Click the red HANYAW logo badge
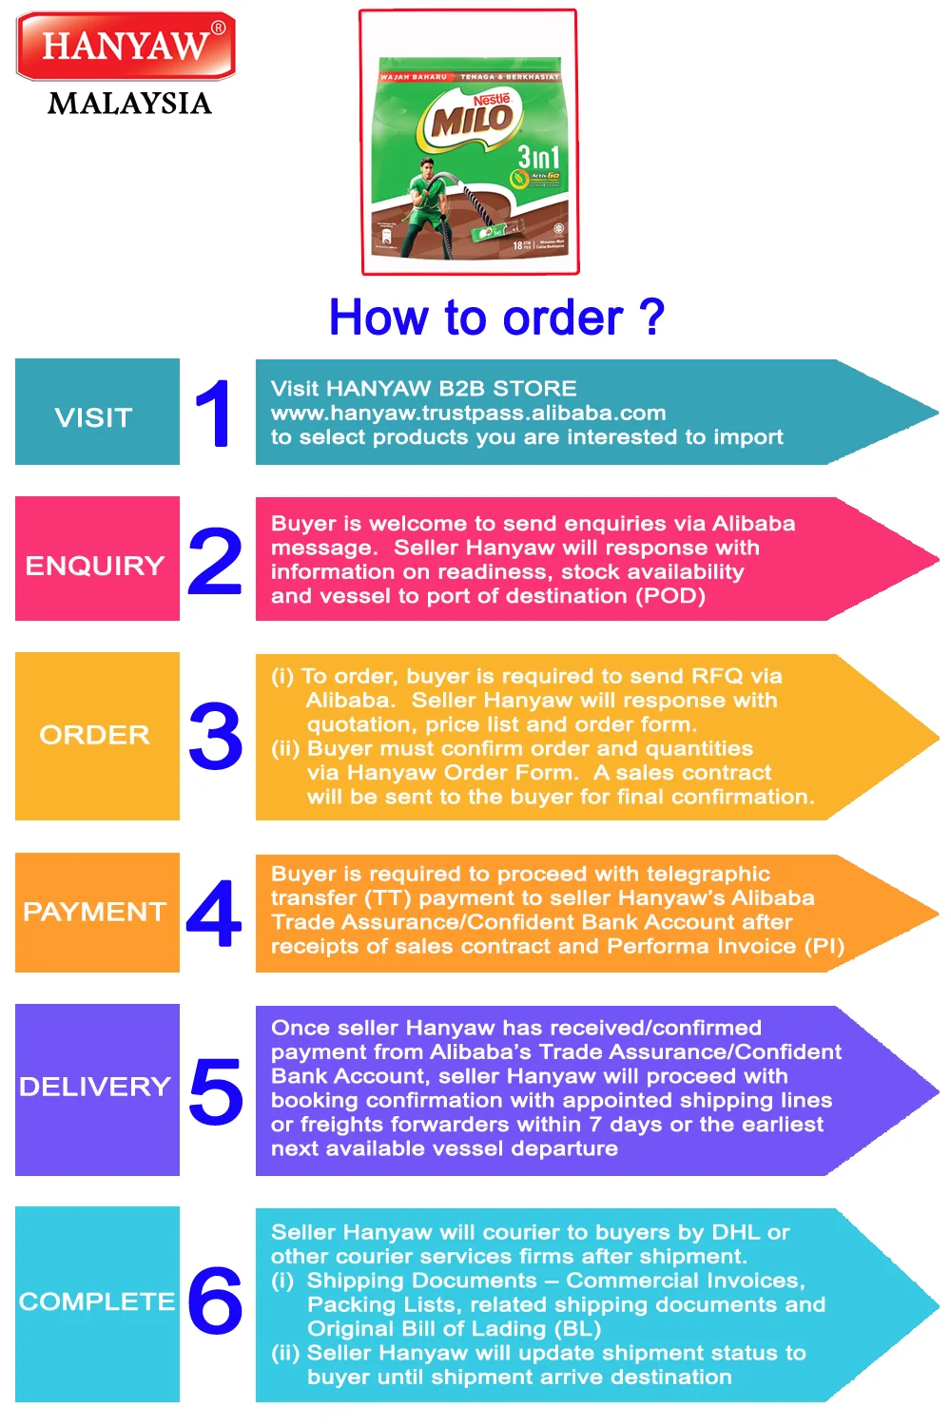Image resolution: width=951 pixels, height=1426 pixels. pos(126,46)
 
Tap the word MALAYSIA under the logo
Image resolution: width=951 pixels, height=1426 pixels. pos(129,103)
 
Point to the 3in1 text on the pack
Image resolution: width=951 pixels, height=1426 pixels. pos(538,156)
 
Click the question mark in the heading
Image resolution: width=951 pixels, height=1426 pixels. pos(651,318)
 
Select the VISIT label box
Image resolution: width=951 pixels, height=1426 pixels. pos(97,413)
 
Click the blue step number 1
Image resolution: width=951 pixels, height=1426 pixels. pos(214,413)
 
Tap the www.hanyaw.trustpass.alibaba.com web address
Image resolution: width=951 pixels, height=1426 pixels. pos(468,413)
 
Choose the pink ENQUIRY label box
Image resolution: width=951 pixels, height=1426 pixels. pos(97,559)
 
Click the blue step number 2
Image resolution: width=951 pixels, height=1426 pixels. pos(216,561)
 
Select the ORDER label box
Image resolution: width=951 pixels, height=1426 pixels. pos(97,736)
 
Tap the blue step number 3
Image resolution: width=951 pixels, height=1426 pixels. pos(216,736)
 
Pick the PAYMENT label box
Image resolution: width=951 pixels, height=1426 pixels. pos(97,913)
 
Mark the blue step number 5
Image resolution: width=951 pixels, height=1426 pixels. pos(216,1090)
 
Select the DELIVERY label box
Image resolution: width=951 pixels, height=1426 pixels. pos(97,1089)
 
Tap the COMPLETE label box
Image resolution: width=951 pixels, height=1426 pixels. pos(97,1303)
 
